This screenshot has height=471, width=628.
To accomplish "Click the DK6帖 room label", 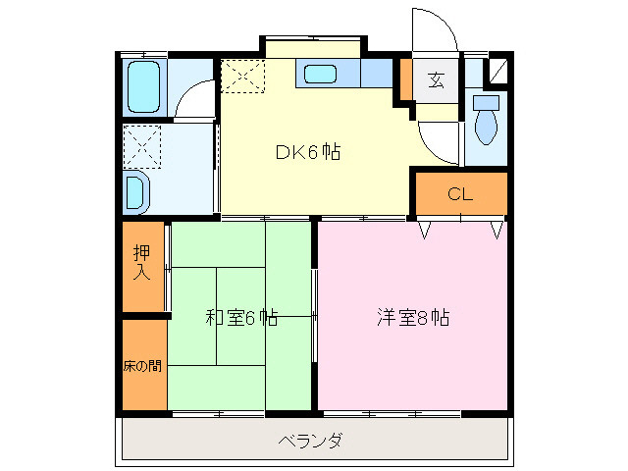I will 307,152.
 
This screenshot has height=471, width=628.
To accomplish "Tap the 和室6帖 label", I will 241,318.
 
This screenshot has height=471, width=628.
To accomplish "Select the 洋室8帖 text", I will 413,318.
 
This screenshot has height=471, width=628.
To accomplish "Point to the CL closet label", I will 460,193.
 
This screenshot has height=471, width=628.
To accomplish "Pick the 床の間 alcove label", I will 143,366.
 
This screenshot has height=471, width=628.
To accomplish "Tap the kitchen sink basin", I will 322,75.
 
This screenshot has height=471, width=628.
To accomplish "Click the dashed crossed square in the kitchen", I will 242,77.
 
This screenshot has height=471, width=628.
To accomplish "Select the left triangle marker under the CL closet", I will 425,230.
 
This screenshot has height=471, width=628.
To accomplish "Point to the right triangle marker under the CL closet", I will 497,230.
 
